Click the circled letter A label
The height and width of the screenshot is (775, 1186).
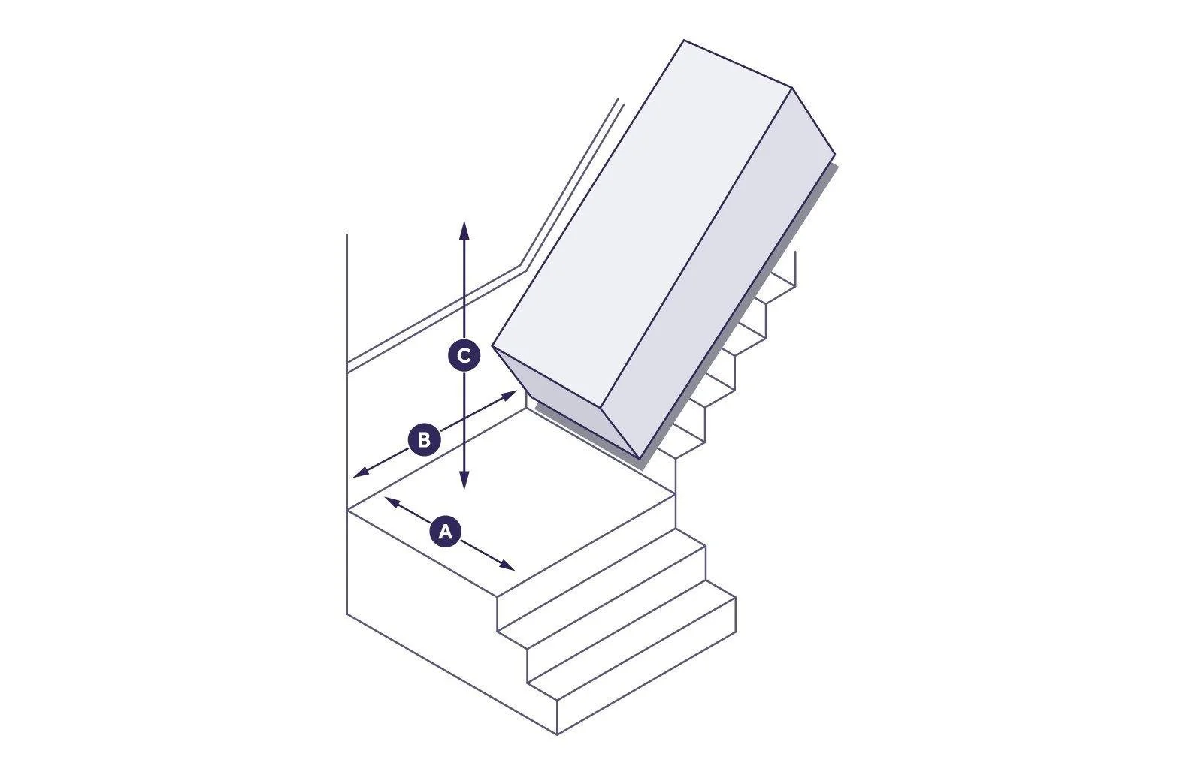click(445, 532)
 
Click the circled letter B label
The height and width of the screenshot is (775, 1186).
click(423, 439)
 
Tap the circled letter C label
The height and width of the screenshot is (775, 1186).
click(464, 356)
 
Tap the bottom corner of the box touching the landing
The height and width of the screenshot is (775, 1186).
click(639, 457)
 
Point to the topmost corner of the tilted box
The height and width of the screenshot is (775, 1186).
click(685, 41)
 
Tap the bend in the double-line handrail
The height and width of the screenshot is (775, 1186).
click(522, 267)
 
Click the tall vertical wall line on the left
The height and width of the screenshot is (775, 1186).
click(347, 421)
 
